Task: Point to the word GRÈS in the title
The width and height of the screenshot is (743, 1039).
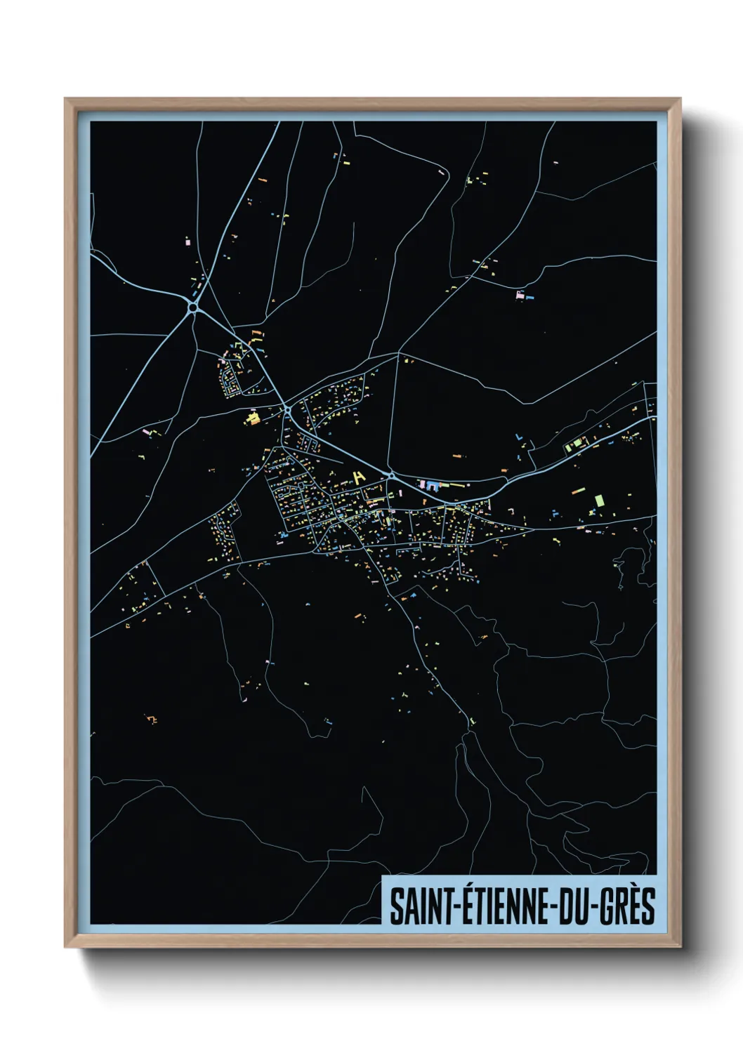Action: [629, 906]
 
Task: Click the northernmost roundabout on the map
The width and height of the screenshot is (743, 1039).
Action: [193, 307]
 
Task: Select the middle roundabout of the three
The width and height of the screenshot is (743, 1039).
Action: [287, 409]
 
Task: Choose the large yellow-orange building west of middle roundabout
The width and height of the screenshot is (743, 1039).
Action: [252, 419]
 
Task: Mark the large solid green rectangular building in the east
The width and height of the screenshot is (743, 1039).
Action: [599, 500]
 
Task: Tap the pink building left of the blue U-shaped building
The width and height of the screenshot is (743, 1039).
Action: [421, 484]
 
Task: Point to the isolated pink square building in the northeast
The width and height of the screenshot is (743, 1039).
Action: [520, 295]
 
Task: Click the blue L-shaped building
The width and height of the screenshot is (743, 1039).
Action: [519, 437]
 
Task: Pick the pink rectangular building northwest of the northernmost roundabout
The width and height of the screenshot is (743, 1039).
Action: [187, 241]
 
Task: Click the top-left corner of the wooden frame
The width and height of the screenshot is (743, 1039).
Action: [65, 99]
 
